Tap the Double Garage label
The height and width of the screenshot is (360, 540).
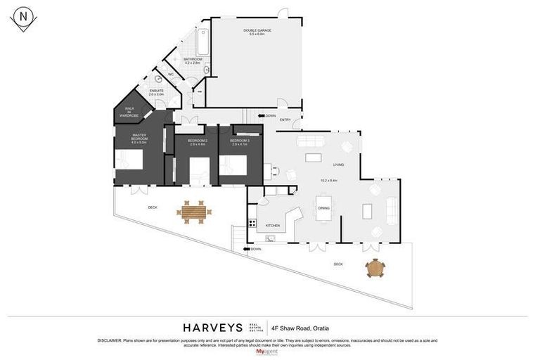[257, 32]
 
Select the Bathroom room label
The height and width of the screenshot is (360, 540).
[193, 60]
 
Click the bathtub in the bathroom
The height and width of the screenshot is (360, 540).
[202, 41]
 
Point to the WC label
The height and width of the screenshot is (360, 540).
[170, 74]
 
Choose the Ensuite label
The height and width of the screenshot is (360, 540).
[156, 92]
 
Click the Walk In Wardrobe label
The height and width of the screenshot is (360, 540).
[129, 111]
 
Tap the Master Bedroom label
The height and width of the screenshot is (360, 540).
[139, 139]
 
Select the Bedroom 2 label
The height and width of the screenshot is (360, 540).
[198, 142]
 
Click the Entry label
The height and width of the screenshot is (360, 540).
[285, 120]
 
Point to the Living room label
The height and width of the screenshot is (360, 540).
[338, 165]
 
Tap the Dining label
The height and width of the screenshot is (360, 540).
[323, 208]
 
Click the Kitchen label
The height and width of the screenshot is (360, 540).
[273, 226]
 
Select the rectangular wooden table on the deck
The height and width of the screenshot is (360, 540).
[193, 211]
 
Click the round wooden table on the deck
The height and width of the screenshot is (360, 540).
[375, 268]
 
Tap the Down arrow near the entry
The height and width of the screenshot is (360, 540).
[267, 115]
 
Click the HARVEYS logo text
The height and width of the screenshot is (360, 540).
[212, 328]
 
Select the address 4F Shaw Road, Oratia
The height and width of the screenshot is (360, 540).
[305, 328]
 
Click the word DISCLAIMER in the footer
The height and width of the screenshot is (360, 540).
[109, 340]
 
